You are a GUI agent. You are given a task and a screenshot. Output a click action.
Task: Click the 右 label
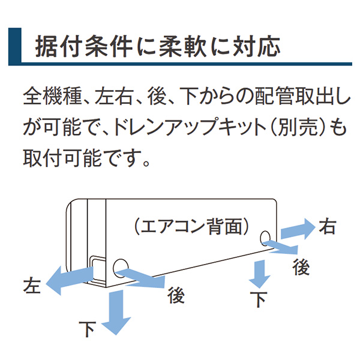[x=328, y=227]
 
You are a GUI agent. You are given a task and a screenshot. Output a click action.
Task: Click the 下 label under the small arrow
[x=259, y=299]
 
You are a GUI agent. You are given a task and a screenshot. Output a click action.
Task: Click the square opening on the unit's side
[x=95, y=268]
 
